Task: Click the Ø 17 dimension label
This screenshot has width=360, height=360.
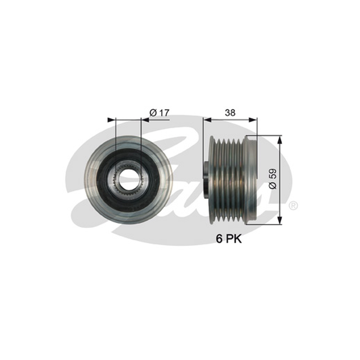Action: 159,113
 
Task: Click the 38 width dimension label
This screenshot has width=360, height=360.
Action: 230,113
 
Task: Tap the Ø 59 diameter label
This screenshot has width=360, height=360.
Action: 273,179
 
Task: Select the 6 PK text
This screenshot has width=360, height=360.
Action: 229,239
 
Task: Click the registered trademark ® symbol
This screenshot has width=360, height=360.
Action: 293,206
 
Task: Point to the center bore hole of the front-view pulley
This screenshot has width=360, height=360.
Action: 128,179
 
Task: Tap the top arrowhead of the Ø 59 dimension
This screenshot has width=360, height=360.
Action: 279,139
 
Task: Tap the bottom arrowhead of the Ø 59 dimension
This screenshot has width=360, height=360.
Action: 279,220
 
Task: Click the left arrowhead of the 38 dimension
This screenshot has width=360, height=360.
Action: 207,120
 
